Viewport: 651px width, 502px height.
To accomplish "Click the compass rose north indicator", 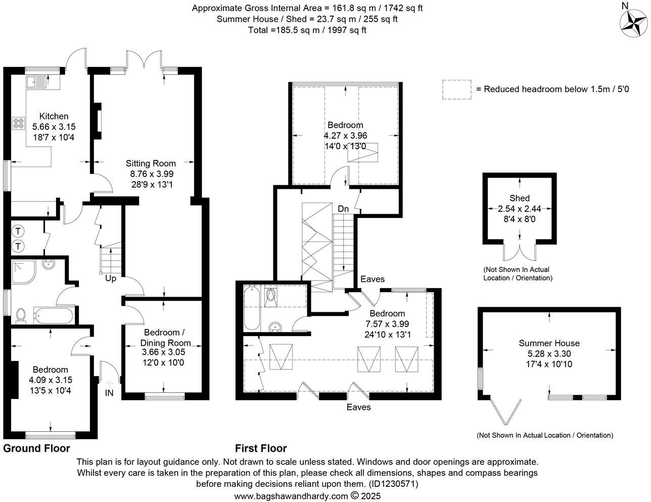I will point(633,22).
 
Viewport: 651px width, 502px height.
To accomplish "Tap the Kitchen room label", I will point(54,116).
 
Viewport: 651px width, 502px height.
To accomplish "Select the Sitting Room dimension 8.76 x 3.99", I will point(151,174).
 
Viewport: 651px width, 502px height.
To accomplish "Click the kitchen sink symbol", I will point(37,81).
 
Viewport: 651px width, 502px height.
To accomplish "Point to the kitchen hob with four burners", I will point(19,123).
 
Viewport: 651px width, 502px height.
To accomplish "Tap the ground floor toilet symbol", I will point(20,315).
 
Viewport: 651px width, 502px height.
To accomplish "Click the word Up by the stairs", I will point(111,278).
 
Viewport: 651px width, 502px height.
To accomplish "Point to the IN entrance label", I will point(109,393).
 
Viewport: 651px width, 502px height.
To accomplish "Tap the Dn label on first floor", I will point(343,208).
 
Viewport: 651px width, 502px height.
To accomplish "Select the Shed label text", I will point(520,198).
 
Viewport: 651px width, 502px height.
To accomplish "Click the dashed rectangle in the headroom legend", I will point(456,90).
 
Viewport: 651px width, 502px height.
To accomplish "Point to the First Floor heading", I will point(261,448).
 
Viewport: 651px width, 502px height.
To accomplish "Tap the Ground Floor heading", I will point(36,448).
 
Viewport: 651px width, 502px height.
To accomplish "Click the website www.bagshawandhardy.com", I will point(291,496).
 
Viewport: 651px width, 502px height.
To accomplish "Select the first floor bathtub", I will point(251,308).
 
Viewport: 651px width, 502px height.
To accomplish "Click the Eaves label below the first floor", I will point(358,407).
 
